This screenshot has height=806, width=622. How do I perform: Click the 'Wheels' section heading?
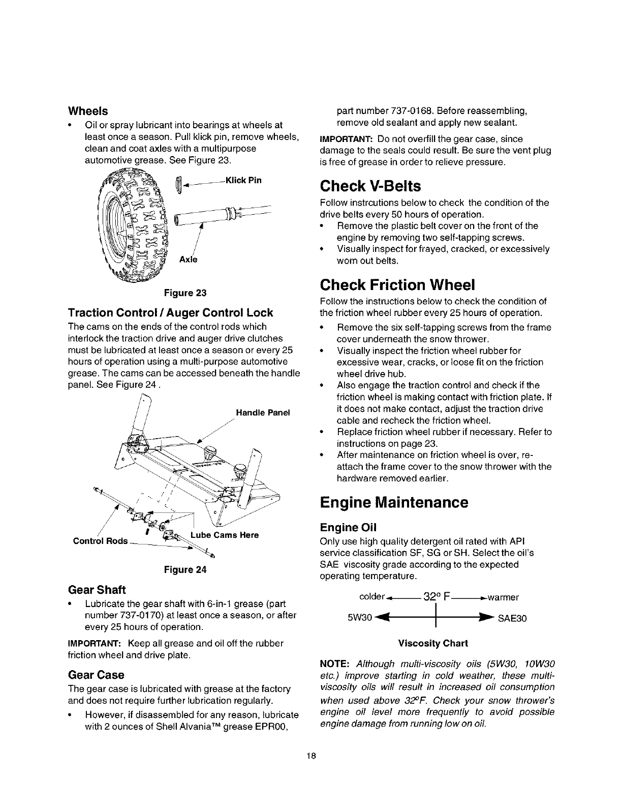(x=88, y=111)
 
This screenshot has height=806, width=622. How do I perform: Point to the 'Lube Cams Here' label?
(x=225, y=535)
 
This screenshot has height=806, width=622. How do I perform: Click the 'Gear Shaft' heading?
(x=97, y=590)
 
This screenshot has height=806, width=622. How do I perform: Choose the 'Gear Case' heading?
(x=96, y=675)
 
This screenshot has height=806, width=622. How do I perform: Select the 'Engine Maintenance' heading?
(x=394, y=503)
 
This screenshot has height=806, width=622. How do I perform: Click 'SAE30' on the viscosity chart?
(x=510, y=619)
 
